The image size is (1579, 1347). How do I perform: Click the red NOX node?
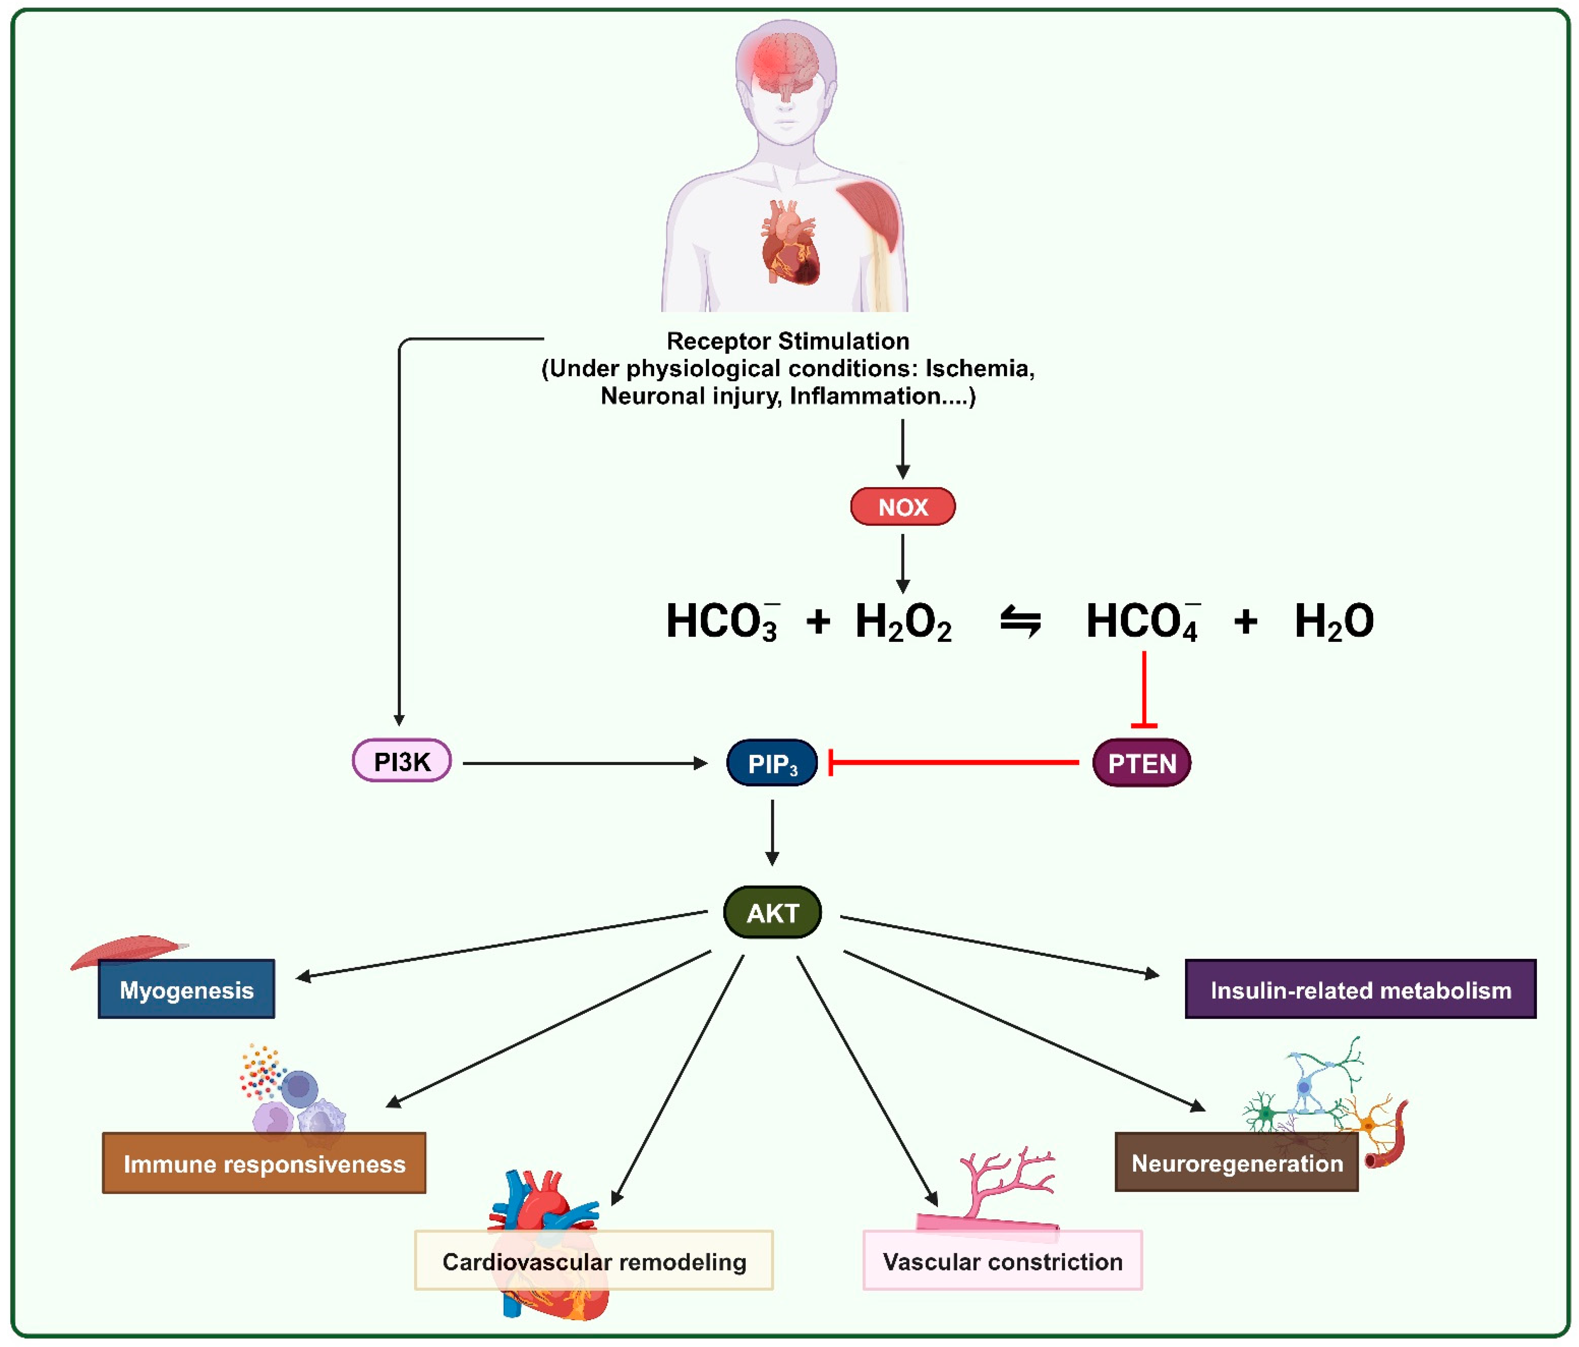click(902, 506)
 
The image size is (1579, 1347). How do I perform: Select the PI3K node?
click(401, 761)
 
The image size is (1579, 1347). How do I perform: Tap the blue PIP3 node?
click(772, 762)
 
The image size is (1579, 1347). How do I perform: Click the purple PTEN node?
click(1141, 762)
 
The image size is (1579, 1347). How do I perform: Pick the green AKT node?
click(772, 912)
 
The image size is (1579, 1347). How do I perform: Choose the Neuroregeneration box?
click(1236, 1162)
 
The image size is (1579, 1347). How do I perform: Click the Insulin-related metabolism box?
click(1360, 989)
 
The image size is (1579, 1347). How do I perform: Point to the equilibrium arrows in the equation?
click(1021, 621)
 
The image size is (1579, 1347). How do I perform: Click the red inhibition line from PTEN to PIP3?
click(952, 762)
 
